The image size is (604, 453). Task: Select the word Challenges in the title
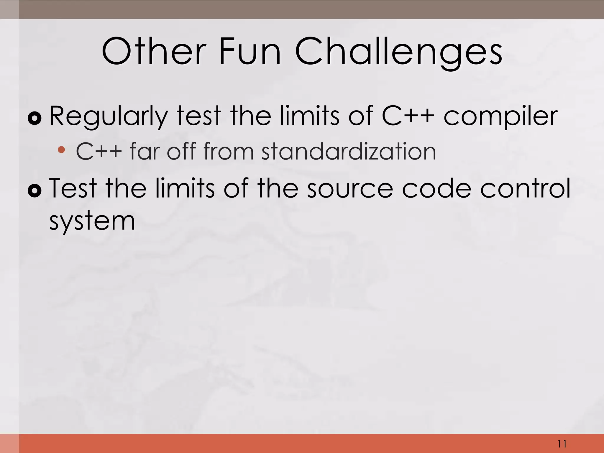pyautogui.click(x=398, y=52)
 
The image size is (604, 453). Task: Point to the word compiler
pyautogui.click(x=500, y=116)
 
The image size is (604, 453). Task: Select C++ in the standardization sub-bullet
pyautogui.click(x=99, y=151)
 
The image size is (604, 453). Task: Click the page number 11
pyautogui.click(x=562, y=444)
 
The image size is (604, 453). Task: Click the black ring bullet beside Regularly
pyautogui.click(x=35, y=119)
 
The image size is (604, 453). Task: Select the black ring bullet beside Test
pyautogui.click(x=35, y=191)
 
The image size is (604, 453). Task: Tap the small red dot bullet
pyautogui.click(x=61, y=150)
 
